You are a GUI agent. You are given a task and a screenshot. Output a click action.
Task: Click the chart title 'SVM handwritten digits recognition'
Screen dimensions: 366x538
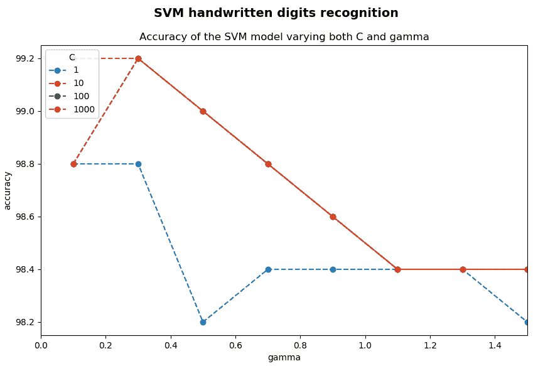coord(276,13)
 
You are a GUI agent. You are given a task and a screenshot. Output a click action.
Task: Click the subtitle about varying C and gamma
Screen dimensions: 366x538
coord(284,37)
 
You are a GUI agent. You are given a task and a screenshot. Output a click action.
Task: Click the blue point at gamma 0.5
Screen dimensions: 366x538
coord(203,322)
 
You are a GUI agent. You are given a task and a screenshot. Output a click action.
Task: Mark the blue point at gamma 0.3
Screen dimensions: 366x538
coord(138,164)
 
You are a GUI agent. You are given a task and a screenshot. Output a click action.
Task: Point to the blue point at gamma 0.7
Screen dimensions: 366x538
coord(268,269)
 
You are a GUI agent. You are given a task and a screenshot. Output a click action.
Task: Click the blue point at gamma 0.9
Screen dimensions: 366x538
coord(333,269)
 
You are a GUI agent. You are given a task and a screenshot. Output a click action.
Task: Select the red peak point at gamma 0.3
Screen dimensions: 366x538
coord(138,58)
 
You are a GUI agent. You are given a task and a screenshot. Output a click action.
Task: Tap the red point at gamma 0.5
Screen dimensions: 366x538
coord(203,111)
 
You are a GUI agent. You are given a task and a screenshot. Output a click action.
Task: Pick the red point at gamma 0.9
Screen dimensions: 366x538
coord(333,217)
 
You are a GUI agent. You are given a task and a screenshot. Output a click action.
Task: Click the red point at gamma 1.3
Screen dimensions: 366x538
coord(463,269)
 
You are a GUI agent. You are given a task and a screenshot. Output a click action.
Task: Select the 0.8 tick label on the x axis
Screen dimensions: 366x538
coord(300,345)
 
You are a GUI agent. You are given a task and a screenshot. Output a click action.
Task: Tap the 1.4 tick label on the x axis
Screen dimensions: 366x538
coord(495,345)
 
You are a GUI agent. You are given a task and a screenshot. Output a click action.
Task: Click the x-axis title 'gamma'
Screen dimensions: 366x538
coord(284,358)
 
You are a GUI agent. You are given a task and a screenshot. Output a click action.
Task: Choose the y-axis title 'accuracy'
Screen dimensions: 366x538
coord(8,190)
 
